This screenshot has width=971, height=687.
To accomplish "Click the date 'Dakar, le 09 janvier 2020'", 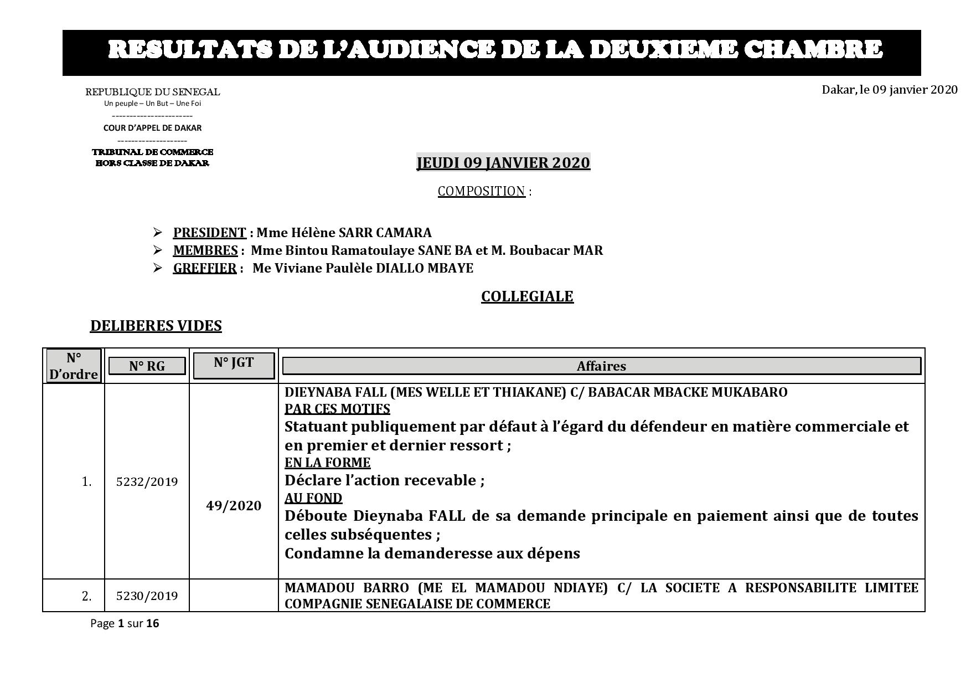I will (889, 90).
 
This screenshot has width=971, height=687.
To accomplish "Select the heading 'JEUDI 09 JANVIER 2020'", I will (503, 163).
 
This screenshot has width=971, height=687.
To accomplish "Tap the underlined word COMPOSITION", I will (481, 191).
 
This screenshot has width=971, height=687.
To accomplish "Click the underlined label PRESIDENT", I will (209, 233).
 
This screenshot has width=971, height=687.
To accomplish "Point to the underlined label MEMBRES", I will (205, 250).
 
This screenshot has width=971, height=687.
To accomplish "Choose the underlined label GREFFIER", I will (204, 268).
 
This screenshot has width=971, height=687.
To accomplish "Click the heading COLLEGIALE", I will (527, 296).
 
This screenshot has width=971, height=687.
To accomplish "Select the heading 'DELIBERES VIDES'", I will (156, 326).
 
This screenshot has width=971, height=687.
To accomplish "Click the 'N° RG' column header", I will (147, 366).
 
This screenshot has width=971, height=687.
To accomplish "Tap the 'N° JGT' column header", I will (234, 363).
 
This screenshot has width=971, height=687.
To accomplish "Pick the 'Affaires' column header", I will (601, 366).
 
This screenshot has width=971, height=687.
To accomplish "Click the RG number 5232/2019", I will (147, 482).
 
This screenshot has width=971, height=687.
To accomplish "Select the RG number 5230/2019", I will (147, 596).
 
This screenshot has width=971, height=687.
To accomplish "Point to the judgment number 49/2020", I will (234, 506).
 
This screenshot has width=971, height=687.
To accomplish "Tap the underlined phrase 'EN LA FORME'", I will (327, 463).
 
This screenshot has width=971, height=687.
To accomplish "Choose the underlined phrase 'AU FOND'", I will (313, 498).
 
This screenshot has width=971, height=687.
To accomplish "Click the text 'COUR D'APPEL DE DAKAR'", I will (152, 128).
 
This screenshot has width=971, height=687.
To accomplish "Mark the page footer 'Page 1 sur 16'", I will (125, 623).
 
